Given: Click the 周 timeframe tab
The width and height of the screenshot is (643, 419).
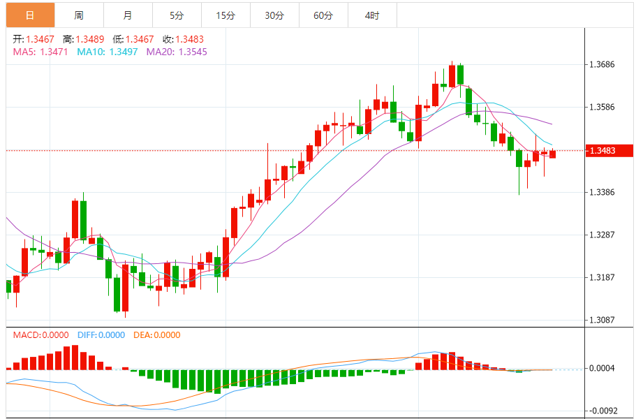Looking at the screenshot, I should [x=78, y=15].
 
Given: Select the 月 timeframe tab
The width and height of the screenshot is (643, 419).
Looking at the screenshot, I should [x=126, y=15].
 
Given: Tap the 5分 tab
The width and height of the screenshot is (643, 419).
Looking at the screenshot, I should [x=176, y=15].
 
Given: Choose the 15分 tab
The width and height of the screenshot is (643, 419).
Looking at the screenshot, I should [x=225, y=15].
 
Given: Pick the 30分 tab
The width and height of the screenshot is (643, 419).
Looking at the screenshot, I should [x=274, y=15].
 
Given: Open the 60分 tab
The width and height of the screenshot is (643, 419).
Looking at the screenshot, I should [x=323, y=15].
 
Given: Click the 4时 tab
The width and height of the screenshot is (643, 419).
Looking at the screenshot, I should [x=371, y=15].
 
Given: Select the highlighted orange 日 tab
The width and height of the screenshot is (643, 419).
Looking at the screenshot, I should [x=29, y=15].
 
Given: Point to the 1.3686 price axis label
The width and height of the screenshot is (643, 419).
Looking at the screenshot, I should [x=603, y=65].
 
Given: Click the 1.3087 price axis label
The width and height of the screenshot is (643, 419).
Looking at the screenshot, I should [x=603, y=320].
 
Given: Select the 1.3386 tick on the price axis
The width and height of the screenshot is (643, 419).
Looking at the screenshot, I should [x=603, y=192].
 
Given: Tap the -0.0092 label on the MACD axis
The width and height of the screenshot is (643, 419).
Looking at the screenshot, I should [x=603, y=411].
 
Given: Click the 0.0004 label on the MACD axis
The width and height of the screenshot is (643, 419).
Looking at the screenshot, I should [x=603, y=369].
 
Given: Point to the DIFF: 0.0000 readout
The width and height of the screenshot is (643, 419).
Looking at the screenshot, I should [x=101, y=335].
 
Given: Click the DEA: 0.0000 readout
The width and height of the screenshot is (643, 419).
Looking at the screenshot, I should [x=157, y=335].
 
